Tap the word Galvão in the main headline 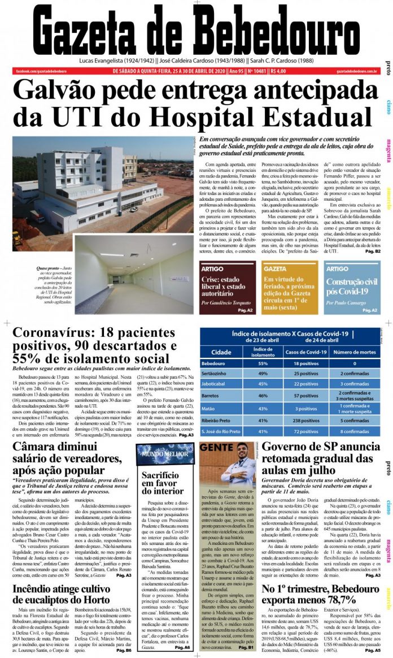(x=68, y=92)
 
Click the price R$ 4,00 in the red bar (x=278, y=71)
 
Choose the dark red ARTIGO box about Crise (x=226, y=287)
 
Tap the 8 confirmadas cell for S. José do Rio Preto (x=355, y=431)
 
